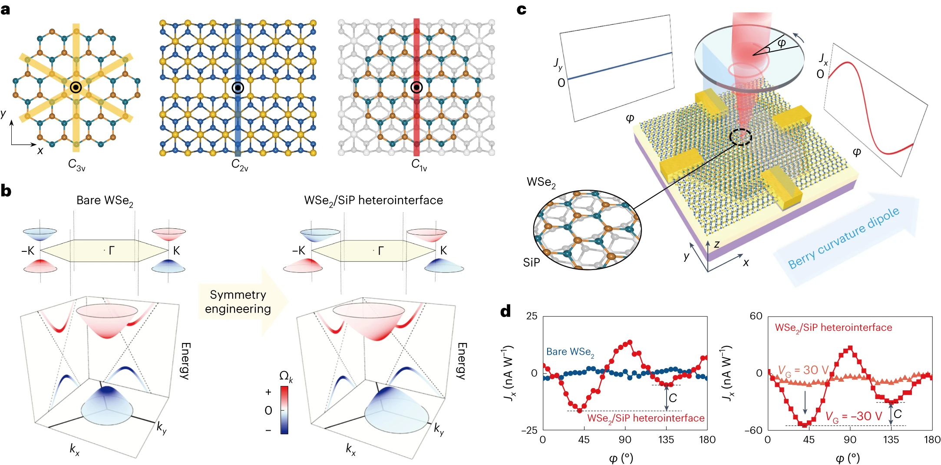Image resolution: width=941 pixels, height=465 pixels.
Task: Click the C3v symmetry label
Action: pyautogui.click(x=76, y=165)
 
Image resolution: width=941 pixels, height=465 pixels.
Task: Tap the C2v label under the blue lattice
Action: pyautogui.click(x=240, y=165)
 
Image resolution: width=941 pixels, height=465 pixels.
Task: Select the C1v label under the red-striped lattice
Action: pyautogui.click(x=419, y=165)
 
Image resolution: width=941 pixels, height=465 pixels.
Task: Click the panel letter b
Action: pyautogui.click(x=6, y=191)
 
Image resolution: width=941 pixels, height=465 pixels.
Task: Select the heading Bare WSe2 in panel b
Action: pyautogui.click(x=105, y=201)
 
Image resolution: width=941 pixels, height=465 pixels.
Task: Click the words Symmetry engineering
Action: pyautogui.click(x=238, y=302)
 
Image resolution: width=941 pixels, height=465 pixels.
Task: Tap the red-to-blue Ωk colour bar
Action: pyautogui.click(x=284, y=410)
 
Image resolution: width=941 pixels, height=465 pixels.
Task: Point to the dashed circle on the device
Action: pyautogui.click(x=740, y=137)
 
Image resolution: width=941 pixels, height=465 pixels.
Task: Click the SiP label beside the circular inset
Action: pyautogui.click(x=532, y=263)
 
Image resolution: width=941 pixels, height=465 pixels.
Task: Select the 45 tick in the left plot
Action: pyautogui.click(x=584, y=440)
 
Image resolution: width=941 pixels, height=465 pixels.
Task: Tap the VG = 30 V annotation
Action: pyautogui.click(x=803, y=370)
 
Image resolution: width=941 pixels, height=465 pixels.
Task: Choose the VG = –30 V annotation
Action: pyautogui.click(x=854, y=417)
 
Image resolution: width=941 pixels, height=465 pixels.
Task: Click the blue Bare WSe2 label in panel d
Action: pyautogui.click(x=570, y=352)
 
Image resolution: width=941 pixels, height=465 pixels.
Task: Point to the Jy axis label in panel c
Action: pyautogui.click(x=558, y=64)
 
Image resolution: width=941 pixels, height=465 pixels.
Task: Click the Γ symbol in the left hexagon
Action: pyautogui.click(x=112, y=251)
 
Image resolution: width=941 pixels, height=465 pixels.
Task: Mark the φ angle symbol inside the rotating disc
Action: pyautogui.click(x=782, y=43)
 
